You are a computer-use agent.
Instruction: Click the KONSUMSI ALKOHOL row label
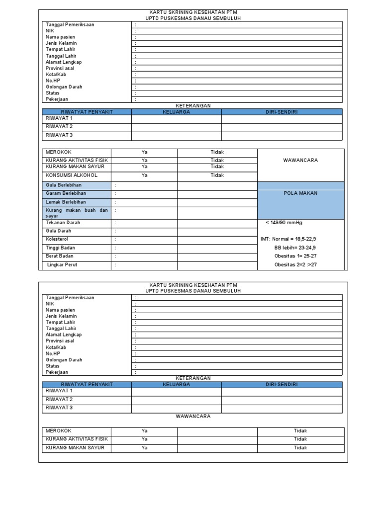[x=72, y=175]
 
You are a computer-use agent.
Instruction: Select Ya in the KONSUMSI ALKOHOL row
[x=144, y=175]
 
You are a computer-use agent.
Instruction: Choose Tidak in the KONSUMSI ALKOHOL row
[x=217, y=175]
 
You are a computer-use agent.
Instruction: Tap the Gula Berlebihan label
[x=63, y=185]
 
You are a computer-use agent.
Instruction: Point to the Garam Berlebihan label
[x=66, y=193]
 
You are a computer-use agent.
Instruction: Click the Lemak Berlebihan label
[x=66, y=202]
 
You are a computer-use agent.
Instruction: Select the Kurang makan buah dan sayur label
[x=77, y=213]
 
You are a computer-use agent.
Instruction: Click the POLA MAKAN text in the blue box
[x=300, y=193]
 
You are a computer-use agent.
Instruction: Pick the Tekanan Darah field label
[x=63, y=223]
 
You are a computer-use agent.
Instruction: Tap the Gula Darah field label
[x=58, y=231]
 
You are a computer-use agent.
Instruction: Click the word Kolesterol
[x=57, y=239]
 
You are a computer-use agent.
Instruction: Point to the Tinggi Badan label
[x=61, y=248]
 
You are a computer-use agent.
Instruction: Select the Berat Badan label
[x=60, y=256]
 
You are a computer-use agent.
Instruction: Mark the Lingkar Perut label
[x=62, y=265]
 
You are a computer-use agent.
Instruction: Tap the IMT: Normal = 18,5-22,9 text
[x=288, y=239]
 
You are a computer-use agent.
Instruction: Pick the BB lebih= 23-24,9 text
[x=295, y=248]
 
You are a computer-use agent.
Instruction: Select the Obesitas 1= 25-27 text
[x=295, y=256]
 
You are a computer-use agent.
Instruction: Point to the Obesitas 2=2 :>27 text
[x=295, y=265]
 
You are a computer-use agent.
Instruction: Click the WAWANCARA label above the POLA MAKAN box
[x=300, y=161]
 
